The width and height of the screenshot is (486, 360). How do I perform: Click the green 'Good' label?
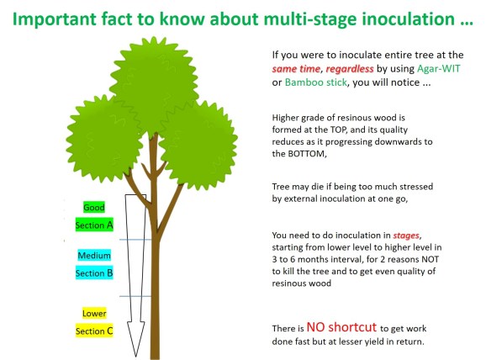point(93,208)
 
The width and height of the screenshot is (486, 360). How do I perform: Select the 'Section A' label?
point(93,225)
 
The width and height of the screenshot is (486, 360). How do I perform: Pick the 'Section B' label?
point(93,273)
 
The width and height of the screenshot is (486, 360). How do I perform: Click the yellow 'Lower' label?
point(93,314)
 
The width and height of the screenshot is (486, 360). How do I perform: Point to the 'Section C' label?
point(93,331)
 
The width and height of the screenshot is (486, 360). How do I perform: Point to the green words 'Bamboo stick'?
point(312,83)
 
